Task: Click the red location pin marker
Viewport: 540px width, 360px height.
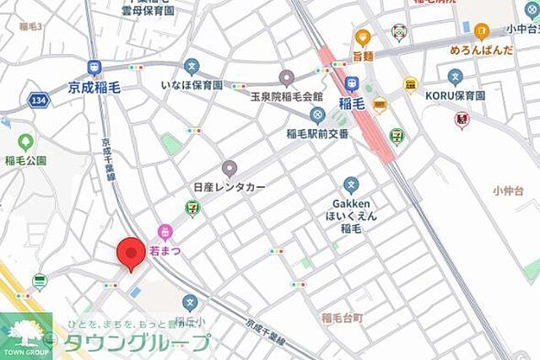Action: coord(130,253)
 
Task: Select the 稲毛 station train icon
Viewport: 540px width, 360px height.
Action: coord(351,85)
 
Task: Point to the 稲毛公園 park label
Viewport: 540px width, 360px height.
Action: coord(25,161)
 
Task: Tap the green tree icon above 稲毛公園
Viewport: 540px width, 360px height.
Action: coord(25,142)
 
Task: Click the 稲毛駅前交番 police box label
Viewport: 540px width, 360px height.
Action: coord(317,132)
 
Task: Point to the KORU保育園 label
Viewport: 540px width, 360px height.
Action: coord(456,95)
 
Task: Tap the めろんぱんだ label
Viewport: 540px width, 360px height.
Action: coord(482,50)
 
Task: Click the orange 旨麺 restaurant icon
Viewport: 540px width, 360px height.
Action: coord(363,37)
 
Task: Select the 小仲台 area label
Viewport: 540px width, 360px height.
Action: coord(510,191)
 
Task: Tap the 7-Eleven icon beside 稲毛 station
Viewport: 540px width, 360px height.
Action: coord(397,135)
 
